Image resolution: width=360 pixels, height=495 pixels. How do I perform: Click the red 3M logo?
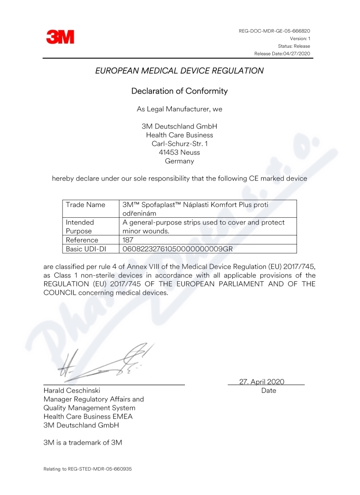(x=60, y=37)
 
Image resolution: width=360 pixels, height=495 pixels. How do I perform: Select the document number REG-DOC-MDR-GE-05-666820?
(x=274, y=31)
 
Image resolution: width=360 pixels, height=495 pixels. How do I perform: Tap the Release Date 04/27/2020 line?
(x=282, y=54)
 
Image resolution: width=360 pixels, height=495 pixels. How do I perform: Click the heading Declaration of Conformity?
(x=180, y=91)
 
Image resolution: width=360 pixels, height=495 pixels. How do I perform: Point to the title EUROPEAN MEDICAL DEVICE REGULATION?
(x=180, y=71)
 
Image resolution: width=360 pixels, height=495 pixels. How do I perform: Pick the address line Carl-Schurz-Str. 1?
(x=180, y=144)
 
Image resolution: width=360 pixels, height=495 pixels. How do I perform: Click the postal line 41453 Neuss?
(x=180, y=152)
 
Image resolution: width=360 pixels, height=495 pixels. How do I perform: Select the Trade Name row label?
(x=85, y=205)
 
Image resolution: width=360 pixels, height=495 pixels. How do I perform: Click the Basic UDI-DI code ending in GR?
(x=177, y=248)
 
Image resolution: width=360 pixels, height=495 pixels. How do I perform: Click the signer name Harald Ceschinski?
(x=72, y=391)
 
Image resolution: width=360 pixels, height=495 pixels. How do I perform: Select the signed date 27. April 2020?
(x=261, y=382)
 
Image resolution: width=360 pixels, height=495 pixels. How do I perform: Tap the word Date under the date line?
(x=269, y=391)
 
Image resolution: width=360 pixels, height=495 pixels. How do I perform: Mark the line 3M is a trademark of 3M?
(x=83, y=442)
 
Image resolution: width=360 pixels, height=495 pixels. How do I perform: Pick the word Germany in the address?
(x=180, y=161)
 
